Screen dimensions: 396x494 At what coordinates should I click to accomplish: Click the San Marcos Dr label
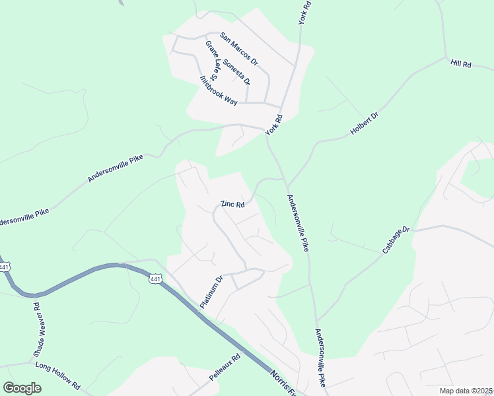[238, 49]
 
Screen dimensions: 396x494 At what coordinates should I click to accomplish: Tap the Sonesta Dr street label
[236, 72]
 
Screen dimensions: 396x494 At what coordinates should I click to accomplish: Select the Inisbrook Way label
[218, 90]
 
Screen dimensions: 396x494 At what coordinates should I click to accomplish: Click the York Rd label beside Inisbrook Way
[273, 125]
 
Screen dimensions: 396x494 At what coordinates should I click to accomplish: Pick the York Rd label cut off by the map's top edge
[304, 13]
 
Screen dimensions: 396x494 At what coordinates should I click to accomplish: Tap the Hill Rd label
[460, 64]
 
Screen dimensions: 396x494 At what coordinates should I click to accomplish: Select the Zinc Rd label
[232, 204]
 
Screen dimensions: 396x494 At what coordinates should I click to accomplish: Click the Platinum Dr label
[212, 292]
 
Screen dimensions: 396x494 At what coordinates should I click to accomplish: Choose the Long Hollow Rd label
[57, 375]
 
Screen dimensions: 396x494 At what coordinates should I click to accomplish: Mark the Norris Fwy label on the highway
[284, 383]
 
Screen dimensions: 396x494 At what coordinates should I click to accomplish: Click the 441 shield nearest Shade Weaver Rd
[5, 267]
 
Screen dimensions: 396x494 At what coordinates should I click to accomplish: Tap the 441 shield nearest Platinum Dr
[155, 280]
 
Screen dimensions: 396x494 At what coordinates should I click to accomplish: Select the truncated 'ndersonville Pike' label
[19, 216]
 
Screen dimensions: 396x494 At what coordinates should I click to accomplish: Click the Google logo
[22, 387]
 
